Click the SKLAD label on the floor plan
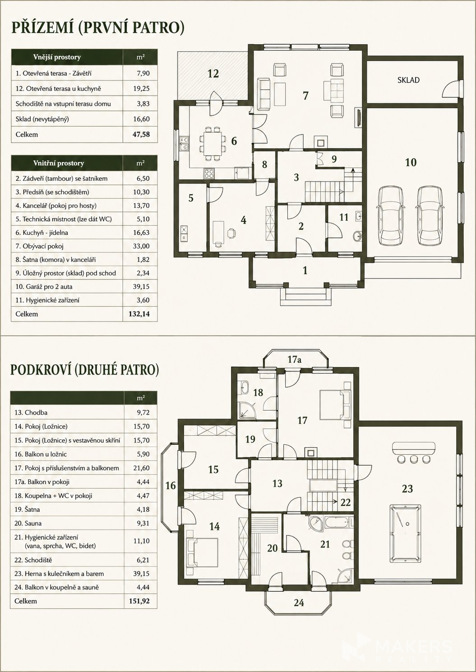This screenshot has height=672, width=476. [x=408, y=80]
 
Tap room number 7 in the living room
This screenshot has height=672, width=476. [x=305, y=96]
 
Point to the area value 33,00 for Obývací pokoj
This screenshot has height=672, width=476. [x=141, y=246]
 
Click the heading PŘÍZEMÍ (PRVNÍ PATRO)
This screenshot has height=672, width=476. [x=97, y=28]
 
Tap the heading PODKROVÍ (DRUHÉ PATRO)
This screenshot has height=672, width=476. [x=84, y=370]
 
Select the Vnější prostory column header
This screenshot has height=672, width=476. [x=57, y=57]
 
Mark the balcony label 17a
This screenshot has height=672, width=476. [x=294, y=359]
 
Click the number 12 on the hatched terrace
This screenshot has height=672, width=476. [x=213, y=73]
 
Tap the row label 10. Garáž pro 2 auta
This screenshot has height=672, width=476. [x=44, y=287]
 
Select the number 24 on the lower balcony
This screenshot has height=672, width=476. [x=299, y=603]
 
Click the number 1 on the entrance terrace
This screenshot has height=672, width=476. [x=305, y=270]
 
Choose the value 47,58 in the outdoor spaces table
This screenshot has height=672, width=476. [x=141, y=134]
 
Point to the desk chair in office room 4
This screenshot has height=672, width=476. [x=231, y=233]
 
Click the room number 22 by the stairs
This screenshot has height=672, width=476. [x=345, y=502]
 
